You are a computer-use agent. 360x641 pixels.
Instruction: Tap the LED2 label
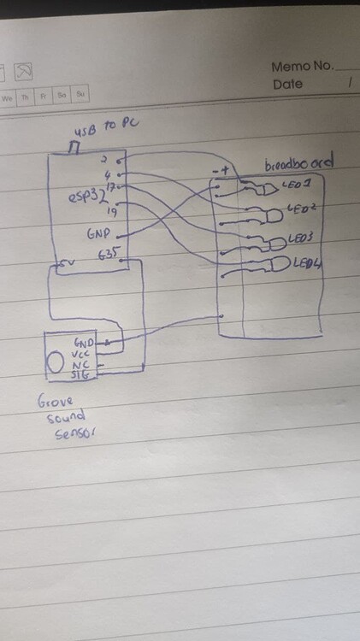[303, 208]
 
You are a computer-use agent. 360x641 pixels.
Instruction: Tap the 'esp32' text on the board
[86, 197]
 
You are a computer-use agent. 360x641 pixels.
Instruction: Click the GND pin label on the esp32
[98, 232]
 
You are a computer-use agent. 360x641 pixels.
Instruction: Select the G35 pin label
[108, 253]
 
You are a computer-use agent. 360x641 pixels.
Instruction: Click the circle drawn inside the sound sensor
[55, 362]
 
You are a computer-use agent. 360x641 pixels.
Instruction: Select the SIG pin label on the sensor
[81, 374]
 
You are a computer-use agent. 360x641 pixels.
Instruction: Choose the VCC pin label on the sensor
[82, 353]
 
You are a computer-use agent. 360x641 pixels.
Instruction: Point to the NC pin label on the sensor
[81, 364]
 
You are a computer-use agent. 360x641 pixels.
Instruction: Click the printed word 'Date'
[288, 85]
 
